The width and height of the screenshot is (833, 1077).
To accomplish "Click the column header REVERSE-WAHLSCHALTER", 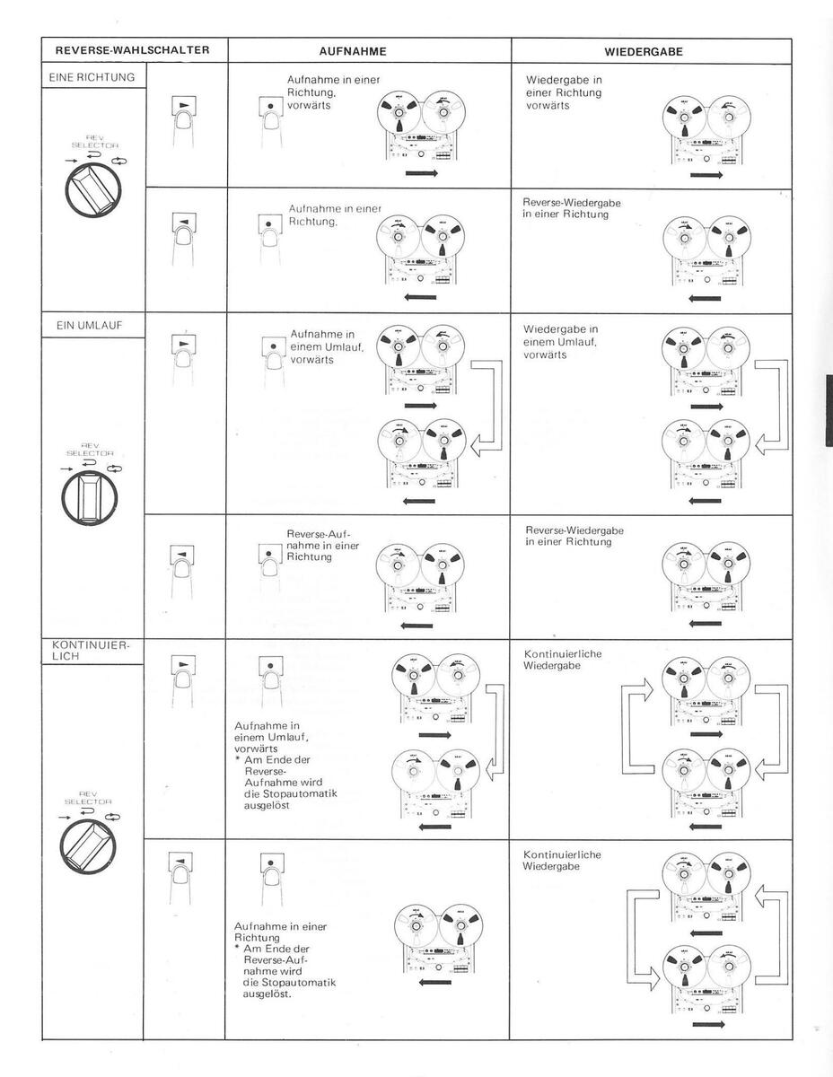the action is tap(132, 50).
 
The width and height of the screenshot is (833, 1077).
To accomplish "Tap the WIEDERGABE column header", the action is tap(643, 52).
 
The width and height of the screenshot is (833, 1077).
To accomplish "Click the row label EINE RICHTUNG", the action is tap(92, 77).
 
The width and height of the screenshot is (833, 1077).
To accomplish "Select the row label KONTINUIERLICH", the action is tap(79, 651).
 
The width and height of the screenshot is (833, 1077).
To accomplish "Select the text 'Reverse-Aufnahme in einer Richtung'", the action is tap(322, 545).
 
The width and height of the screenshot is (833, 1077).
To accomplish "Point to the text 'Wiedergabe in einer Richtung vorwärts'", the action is tap(563, 92).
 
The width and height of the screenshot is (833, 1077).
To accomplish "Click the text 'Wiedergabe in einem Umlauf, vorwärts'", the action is tap(561, 342).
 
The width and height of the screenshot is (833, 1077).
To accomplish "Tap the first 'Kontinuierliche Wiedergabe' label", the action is tap(562, 660).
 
